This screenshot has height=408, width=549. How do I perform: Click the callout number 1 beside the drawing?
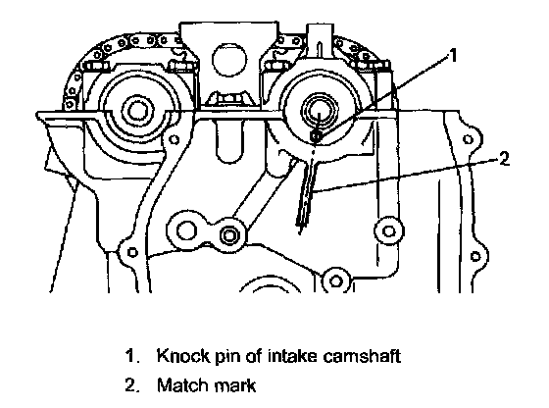coord(453,55)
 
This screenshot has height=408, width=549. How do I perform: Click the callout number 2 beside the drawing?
coord(504,159)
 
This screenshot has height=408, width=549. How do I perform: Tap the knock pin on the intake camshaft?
coord(316,137)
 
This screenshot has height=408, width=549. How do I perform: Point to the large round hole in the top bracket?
coord(229,60)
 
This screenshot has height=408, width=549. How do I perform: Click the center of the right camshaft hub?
coord(319,112)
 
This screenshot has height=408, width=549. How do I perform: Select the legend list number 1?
coord(132,356)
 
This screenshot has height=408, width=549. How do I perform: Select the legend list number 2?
coord(132,384)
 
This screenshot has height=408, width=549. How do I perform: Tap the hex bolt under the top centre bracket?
coord(229,99)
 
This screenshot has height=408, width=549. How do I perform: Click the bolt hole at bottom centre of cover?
coord(336,280)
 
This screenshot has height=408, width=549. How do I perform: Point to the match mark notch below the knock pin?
coord(308,191)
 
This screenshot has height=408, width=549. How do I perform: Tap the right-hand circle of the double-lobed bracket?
coord(229,235)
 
